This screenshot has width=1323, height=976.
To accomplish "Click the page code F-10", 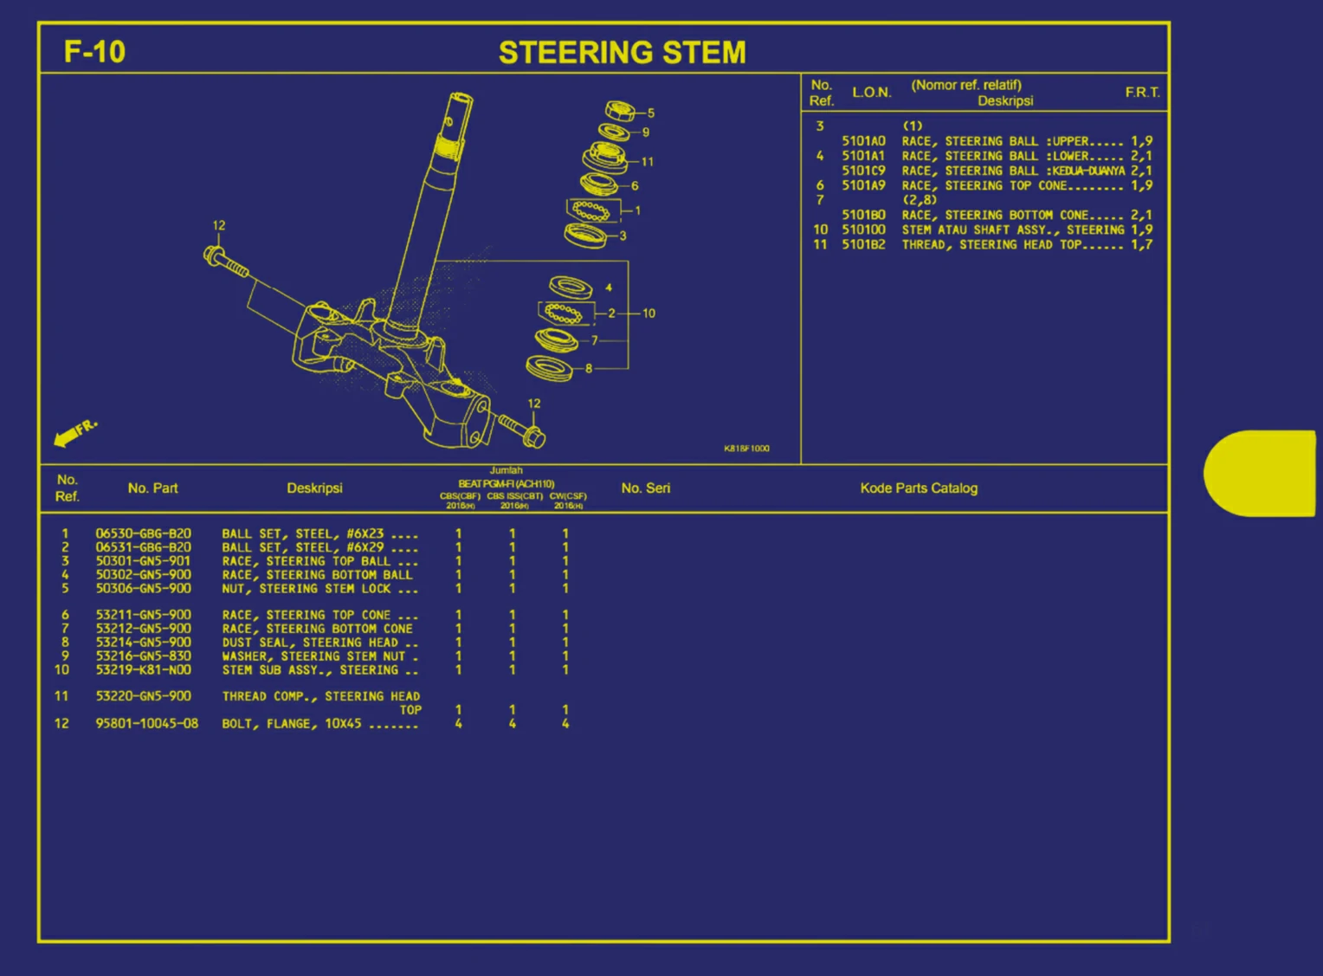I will tap(94, 52).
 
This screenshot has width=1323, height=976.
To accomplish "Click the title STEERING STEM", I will tap(622, 53).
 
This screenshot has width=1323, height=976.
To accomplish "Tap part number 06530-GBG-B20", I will tap(143, 533).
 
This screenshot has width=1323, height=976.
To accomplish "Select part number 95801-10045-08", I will tap(146, 723).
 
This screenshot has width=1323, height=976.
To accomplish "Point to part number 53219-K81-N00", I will tap(143, 670).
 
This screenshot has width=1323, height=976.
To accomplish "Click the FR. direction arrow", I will tap(74, 433).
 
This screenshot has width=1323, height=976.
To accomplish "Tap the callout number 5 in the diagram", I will tap(651, 113).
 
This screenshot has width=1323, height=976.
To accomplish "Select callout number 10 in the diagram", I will tap(649, 313).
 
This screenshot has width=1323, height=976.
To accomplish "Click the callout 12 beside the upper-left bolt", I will tap(219, 225).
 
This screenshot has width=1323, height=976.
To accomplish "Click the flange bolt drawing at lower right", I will tap(521, 430).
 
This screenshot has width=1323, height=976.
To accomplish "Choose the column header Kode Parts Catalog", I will tap(919, 488).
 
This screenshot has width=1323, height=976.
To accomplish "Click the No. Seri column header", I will tap(645, 488).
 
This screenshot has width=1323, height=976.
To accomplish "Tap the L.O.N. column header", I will tap(871, 93).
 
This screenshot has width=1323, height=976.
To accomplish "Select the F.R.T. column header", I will tap(1142, 93).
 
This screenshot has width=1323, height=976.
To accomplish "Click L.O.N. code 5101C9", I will tap(863, 171).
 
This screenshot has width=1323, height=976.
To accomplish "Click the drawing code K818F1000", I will tap(746, 449).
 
